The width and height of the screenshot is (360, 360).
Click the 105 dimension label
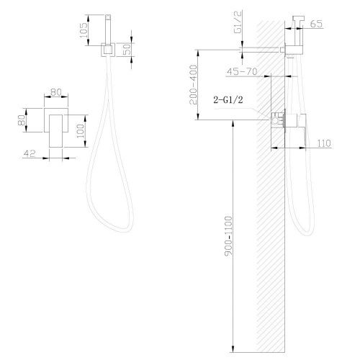tap(84, 30)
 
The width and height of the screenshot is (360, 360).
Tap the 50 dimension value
tap(127, 49)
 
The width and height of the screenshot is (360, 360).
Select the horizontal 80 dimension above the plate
tap(56, 92)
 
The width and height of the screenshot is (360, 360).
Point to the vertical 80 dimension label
tap(22, 120)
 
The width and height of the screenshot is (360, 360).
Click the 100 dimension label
tap(81, 131)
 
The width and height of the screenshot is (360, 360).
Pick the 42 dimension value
tap(30, 153)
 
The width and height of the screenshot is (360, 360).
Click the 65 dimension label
tap(316, 24)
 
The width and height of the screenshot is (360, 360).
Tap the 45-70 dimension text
tap(242, 71)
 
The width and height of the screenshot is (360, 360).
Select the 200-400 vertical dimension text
tap(193, 85)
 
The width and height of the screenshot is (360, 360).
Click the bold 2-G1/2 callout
tap(228, 100)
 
